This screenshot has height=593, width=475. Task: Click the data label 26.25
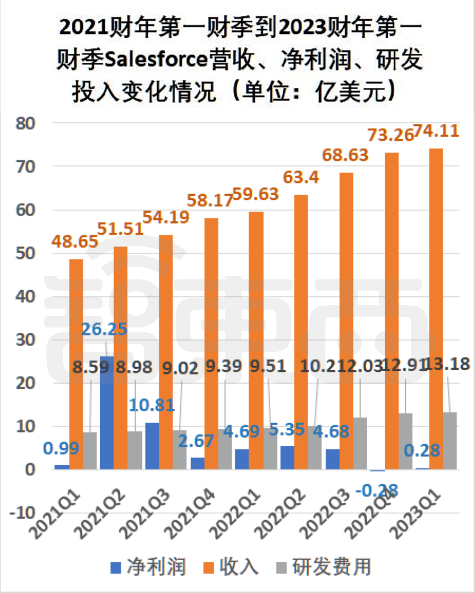(x=104, y=329)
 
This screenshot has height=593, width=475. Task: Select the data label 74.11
(x=437, y=131)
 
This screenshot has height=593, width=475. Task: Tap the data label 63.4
(x=301, y=178)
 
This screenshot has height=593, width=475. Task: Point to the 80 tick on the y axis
(x=26, y=123)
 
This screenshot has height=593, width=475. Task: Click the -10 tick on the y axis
(x=23, y=513)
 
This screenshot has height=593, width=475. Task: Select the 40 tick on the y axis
(x=26, y=296)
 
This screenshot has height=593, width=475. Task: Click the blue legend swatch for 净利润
(x=116, y=567)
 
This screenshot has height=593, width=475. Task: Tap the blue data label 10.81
(x=152, y=405)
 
